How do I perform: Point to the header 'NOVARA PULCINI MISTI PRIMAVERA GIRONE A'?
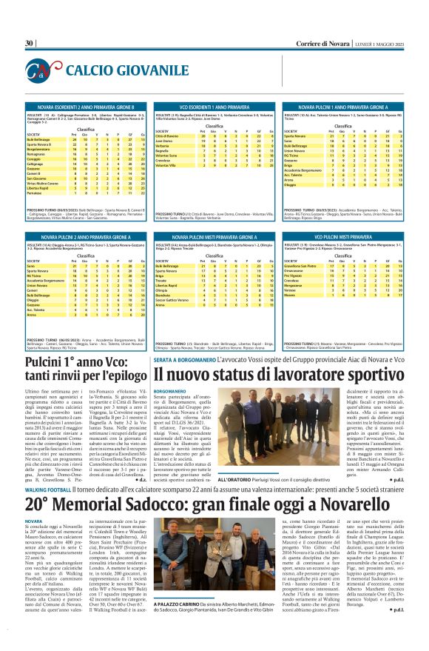213,235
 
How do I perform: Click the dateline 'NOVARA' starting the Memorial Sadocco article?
34,541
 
